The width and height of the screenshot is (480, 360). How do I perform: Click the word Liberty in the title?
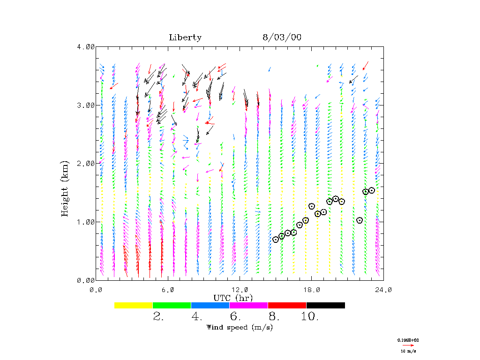(185, 38)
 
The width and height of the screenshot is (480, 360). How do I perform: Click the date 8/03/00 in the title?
(282, 38)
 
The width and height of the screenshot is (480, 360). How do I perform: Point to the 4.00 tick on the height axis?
(86, 46)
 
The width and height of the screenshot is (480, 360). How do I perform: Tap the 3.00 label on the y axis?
(86, 105)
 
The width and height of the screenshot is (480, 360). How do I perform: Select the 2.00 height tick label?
(86, 164)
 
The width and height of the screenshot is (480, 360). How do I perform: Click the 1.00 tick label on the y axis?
(86, 222)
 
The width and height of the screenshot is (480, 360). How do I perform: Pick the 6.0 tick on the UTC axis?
(168, 290)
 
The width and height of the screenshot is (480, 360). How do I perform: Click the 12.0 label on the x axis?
(240, 290)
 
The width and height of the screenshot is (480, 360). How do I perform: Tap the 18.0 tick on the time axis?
(311, 290)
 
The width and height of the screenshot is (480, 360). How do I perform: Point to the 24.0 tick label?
(383, 290)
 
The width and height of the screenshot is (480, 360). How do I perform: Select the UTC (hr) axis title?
(233, 298)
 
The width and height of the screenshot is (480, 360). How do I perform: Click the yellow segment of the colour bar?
(134, 305)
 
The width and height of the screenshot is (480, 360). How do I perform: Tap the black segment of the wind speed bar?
(326, 305)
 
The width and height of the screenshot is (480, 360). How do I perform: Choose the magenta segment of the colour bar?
(249, 305)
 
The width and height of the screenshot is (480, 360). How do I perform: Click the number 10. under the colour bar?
(310, 317)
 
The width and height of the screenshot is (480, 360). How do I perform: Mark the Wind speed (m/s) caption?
(240, 327)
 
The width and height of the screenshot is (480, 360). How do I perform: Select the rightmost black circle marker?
(372, 190)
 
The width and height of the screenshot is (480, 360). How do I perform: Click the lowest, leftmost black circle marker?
(276, 240)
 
